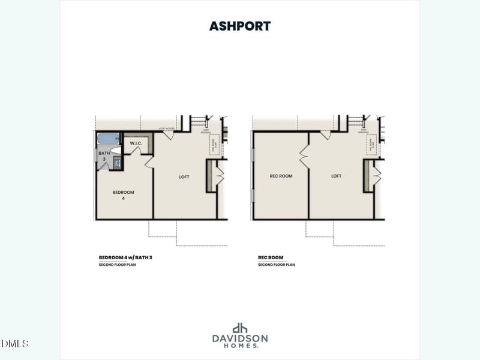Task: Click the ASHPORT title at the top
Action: tap(239, 26)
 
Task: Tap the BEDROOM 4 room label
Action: tap(123, 195)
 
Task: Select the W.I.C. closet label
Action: tap(136, 143)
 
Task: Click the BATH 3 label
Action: tap(104, 156)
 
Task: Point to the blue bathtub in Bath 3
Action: tap(109, 139)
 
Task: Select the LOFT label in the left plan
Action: tap(184, 176)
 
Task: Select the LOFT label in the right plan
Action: tap(336, 176)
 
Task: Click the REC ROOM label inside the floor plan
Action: tap(281, 176)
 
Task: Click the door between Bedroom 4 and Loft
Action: tap(149, 162)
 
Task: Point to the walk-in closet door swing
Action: tap(136, 151)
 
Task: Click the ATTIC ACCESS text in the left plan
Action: tap(166, 128)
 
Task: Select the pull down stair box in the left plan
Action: tap(214, 145)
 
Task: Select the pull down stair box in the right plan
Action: tap(371, 145)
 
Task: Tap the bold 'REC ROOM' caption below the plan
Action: tap(271, 257)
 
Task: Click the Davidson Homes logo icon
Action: tap(240, 328)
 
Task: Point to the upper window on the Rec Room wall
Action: tap(253, 155)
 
